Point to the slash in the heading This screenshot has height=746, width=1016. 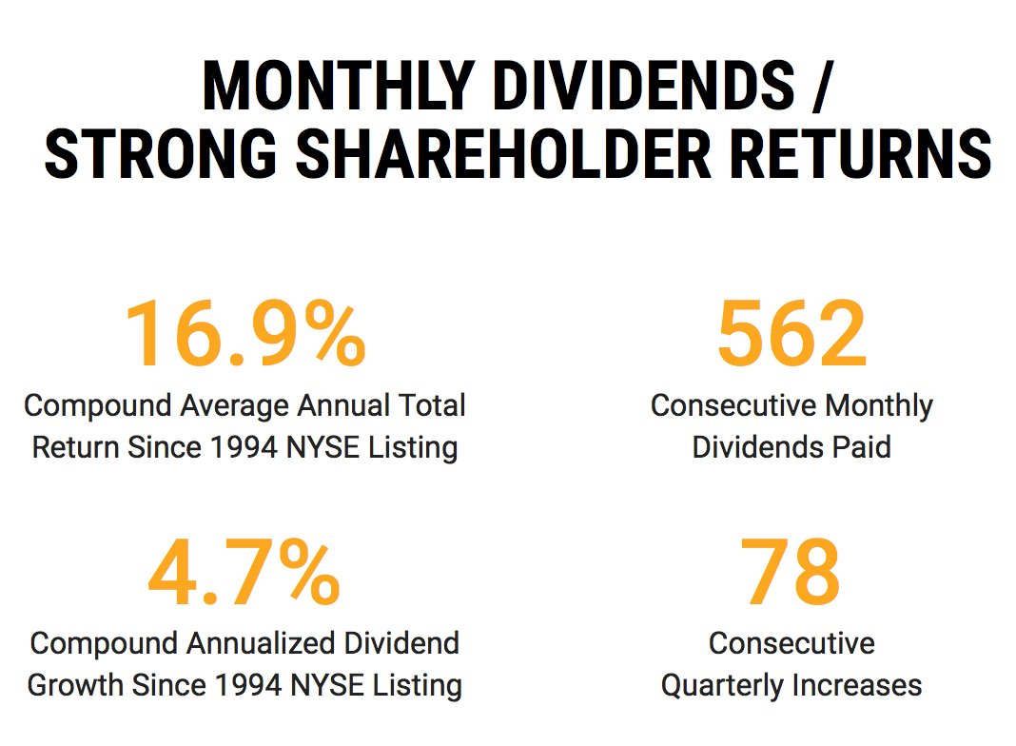coord(821,86)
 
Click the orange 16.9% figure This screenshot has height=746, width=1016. coord(245,335)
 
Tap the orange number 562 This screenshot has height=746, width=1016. coord(791,335)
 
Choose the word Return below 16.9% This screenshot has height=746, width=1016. coord(77,447)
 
